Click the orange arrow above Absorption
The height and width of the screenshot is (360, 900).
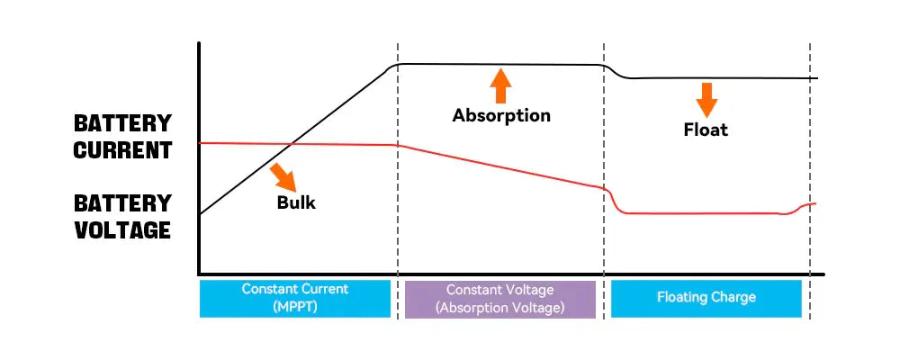501,85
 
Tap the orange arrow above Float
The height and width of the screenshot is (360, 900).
706,99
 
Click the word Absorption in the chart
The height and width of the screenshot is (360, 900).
501,115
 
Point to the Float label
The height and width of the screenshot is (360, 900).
706,130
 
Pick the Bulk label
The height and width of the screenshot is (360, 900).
296,202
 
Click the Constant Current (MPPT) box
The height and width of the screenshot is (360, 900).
295,298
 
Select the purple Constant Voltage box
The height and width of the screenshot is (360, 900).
500,298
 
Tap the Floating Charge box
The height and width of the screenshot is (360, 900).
706,298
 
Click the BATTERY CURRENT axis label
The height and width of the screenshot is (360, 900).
122,137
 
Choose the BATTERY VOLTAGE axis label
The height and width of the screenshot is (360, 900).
122,216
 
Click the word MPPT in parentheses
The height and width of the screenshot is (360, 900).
295,307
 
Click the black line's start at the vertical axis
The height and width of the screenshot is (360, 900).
200,214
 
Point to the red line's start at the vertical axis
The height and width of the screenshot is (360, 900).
200,142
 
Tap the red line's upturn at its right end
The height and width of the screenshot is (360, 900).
803,208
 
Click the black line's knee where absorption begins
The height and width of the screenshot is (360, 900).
391,67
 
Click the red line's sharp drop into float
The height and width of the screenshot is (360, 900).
611,200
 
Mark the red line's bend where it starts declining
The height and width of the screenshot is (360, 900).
396,145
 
